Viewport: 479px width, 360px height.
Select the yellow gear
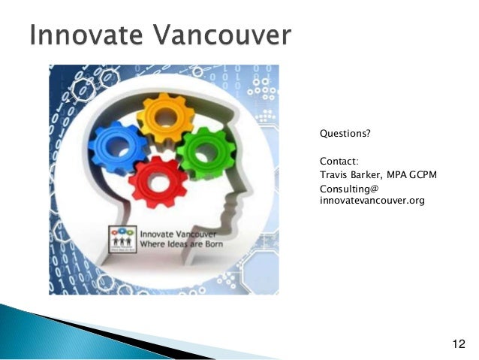pos(166,118)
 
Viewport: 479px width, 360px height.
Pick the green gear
pos(206,153)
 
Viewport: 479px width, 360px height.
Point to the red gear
pos(158,180)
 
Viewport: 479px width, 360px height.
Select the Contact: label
pos(339,161)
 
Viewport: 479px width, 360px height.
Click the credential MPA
pos(399,174)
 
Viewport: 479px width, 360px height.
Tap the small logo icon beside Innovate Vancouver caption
pos(122,237)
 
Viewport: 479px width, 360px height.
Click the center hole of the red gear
pos(158,181)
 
